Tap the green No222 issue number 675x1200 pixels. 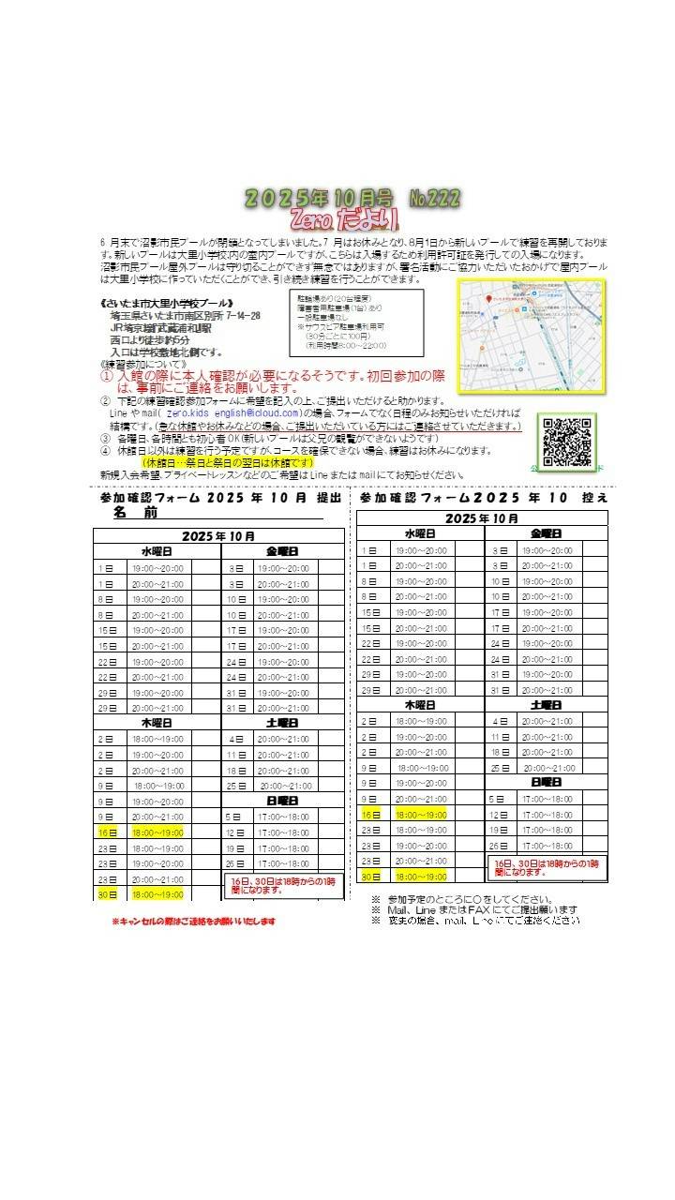coord(435,198)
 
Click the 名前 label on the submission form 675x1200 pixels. coord(136,514)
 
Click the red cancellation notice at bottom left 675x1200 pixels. coord(194,922)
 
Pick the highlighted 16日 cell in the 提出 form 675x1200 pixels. coord(106,832)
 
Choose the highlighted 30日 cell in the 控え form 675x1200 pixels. coord(370,877)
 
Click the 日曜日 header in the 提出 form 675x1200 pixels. coord(282,802)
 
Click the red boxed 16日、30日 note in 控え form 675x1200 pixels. coord(546,867)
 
